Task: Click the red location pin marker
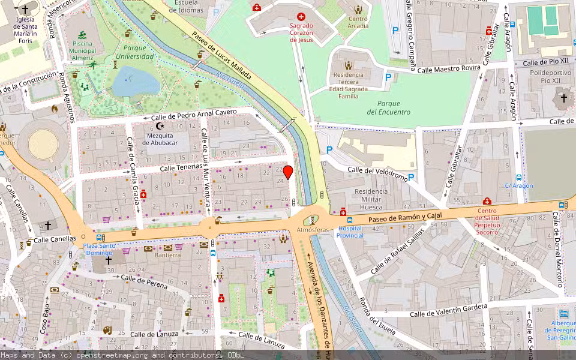(288, 172)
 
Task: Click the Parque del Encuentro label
(389, 107)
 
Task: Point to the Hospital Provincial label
(350, 232)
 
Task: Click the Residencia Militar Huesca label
(371, 199)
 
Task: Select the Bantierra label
(168, 255)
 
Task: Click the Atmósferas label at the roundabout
(313, 230)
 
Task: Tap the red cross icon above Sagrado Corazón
(301, 17)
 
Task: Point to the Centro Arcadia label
(358, 22)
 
